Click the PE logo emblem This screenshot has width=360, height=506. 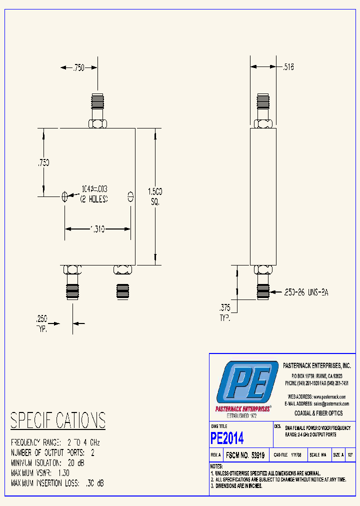coord(247,382)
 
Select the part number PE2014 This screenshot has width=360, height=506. coord(227,438)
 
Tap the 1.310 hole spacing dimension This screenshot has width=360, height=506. coord(97,229)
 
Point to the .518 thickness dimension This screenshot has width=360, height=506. coord(288,66)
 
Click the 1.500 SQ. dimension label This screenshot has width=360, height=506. coord(154,196)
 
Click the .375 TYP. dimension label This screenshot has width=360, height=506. coord(225,312)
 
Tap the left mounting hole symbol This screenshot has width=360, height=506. coord(64,196)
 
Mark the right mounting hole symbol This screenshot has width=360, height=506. coord(131,196)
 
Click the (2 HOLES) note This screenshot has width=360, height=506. coord(93,198)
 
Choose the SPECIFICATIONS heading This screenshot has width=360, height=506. coord(58,420)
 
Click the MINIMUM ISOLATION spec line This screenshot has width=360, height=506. coord(48,463)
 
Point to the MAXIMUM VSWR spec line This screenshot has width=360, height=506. coord(40,473)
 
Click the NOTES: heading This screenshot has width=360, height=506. coord(218,466)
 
